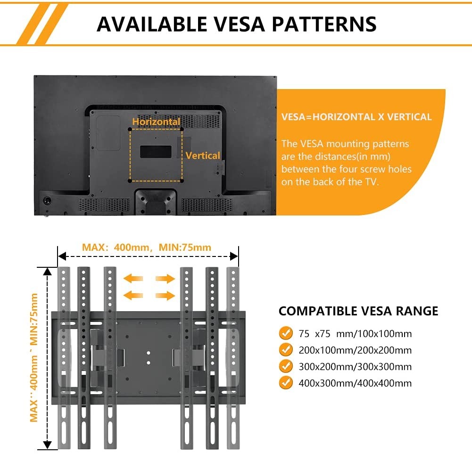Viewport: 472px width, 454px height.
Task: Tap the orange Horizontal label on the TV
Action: tap(156, 122)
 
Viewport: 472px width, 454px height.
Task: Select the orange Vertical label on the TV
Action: tap(203, 156)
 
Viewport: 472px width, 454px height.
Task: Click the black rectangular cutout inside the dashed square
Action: tap(156, 152)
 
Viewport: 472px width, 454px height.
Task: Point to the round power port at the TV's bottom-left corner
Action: tap(47, 200)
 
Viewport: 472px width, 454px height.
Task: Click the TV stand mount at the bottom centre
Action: tap(156, 202)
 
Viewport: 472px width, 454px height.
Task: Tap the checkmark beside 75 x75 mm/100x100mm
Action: tap(286, 333)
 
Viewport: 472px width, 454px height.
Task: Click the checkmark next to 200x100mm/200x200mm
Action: tap(286, 349)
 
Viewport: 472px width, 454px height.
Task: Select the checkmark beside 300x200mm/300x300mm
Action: tap(286, 366)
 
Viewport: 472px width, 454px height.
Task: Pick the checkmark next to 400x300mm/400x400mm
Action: tap(286, 383)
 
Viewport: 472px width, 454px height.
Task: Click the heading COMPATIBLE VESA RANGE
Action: tap(358, 311)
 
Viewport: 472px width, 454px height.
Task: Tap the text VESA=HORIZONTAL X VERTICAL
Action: tap(356, 117)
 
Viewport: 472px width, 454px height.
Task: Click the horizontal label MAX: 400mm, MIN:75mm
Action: tap(147, 248)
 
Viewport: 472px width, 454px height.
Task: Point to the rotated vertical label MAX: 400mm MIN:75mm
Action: tap(34, 358)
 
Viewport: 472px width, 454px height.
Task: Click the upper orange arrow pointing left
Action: tap(133, 278)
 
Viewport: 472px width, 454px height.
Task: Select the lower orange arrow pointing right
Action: tap(165, 295)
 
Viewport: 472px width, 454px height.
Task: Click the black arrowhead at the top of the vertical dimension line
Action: tap(47, 271)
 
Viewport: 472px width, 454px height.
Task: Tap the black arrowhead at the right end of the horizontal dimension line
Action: tap(234, 256)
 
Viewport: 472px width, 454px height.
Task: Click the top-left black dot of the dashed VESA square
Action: tap(130, 130)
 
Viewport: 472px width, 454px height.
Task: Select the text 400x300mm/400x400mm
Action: tap(355, 383)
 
